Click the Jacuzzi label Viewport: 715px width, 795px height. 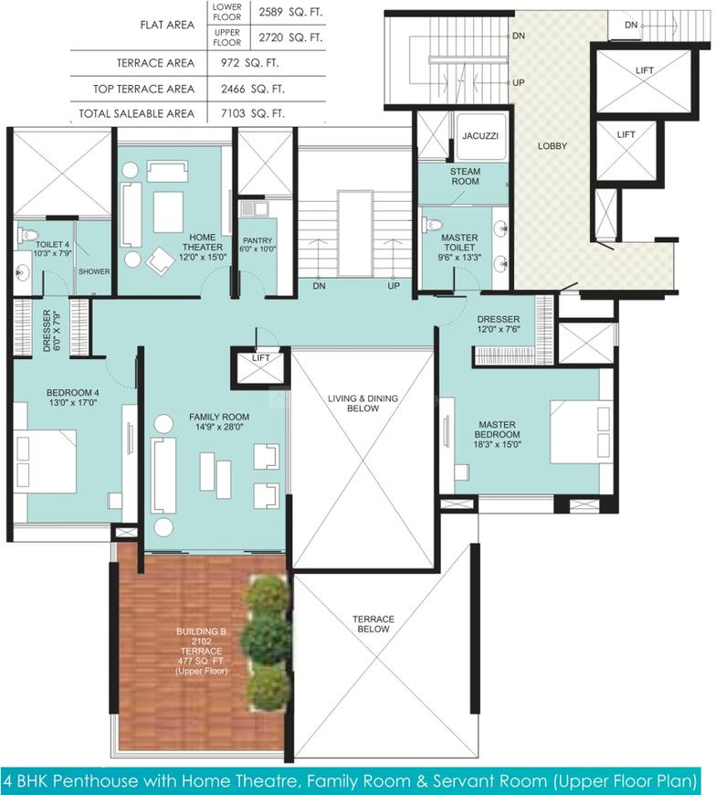(480, 136)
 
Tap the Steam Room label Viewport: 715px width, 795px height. (465, 176)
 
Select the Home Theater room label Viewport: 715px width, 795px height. (203, 242)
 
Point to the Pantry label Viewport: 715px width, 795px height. (258, 240)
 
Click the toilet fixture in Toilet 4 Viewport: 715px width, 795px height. (28, 235)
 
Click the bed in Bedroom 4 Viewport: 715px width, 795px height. (45, 461)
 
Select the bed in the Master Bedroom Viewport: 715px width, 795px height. (581, 432)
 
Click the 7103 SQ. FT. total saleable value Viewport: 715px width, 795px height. (252, 113)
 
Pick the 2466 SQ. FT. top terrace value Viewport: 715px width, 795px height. (252, 89)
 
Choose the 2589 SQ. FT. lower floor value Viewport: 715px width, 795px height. (290, 12)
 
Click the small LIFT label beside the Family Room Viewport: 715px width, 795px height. (261, 358)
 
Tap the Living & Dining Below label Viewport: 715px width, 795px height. (363, 403)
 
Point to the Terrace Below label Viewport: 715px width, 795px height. (373, 624)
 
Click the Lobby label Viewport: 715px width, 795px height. (552, 146)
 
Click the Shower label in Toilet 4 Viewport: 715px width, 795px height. (94, 271)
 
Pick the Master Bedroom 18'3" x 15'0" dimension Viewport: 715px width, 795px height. (497, 444)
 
